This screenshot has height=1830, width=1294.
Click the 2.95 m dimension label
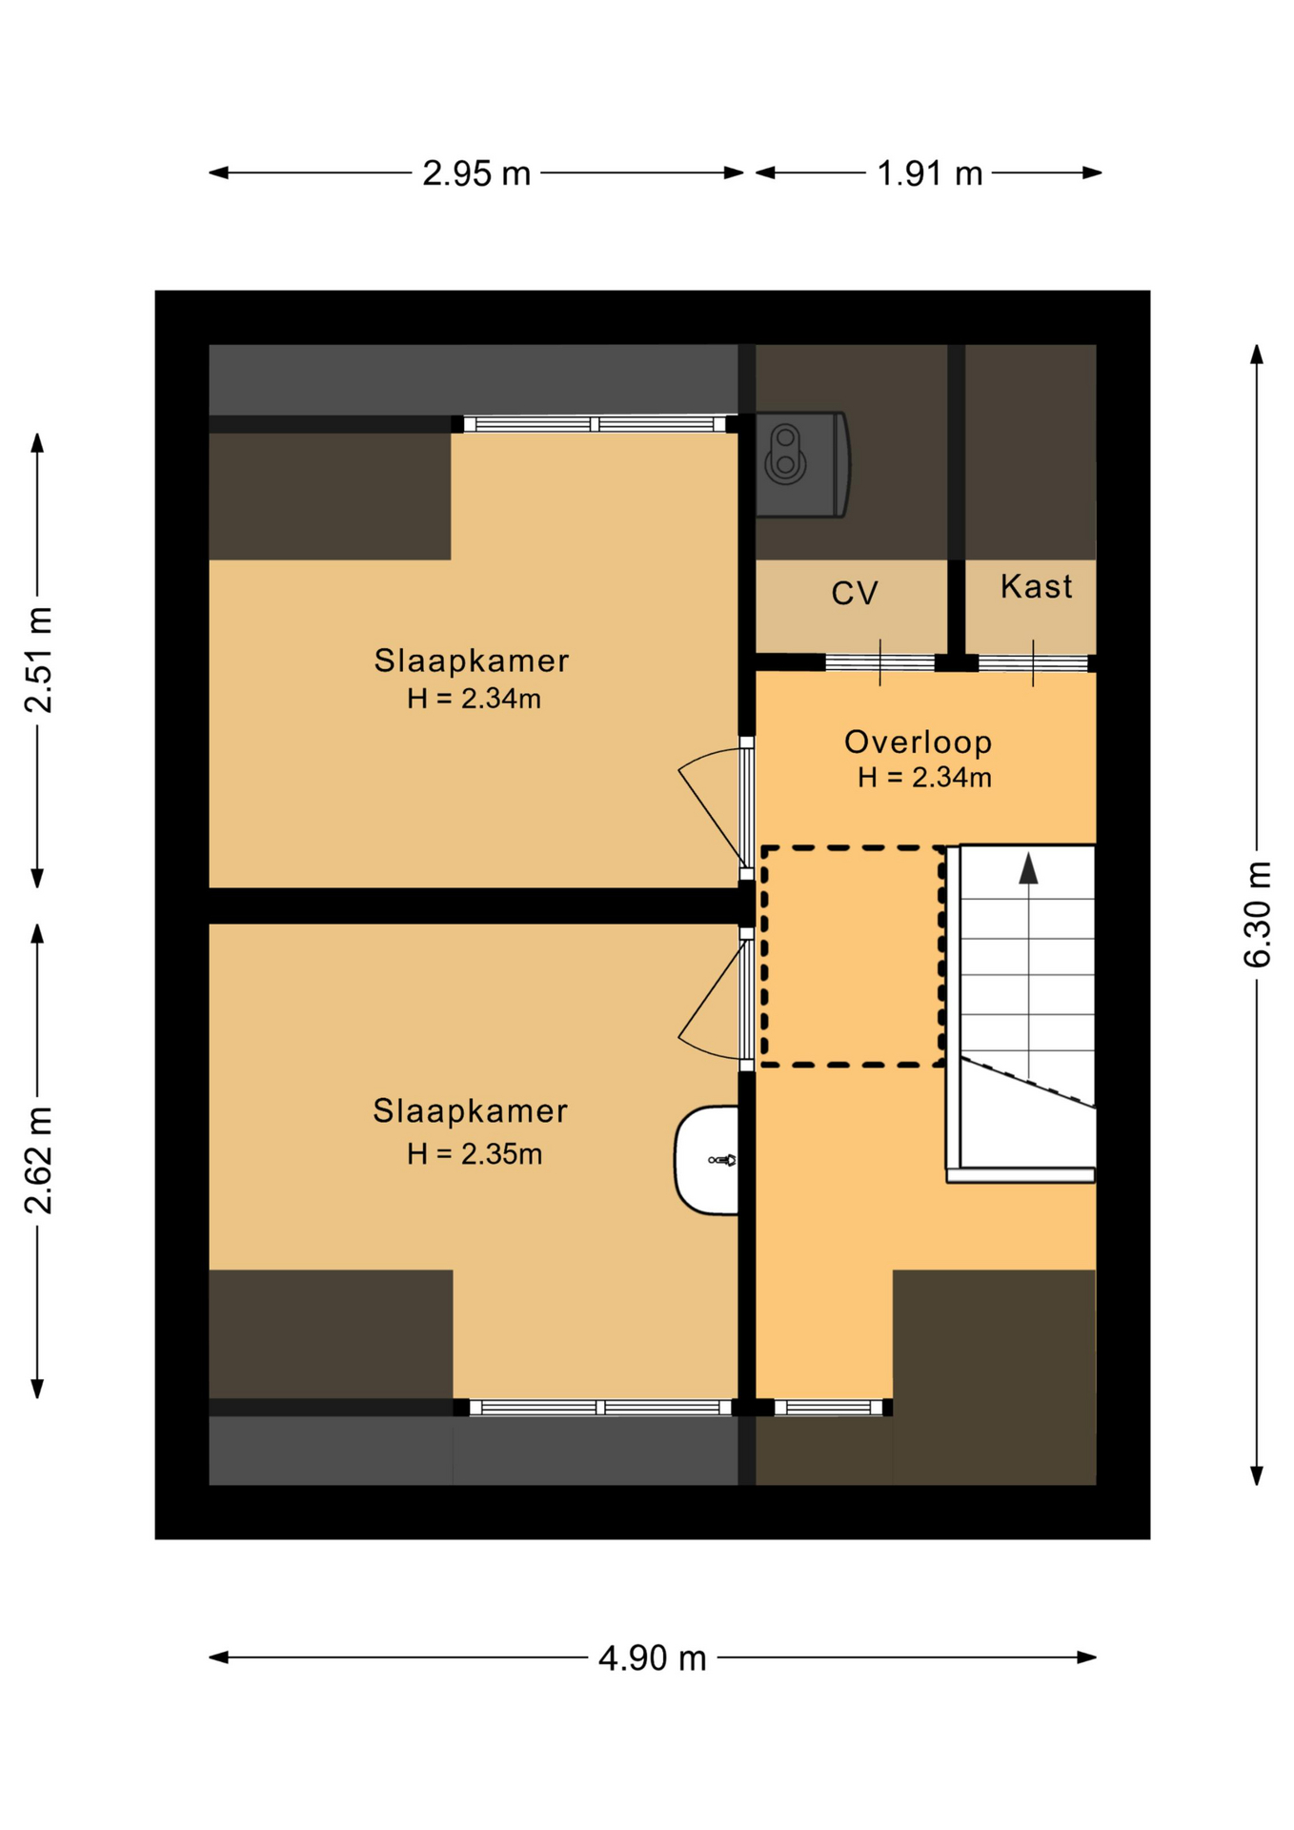[x=476, y=173]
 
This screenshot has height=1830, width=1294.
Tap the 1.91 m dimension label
[x=929, y=173]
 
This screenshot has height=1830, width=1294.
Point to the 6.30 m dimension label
[x=1258, y=914]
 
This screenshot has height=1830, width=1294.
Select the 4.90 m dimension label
[x=653, y=1658]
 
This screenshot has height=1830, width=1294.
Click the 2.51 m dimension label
[x=39, y=660]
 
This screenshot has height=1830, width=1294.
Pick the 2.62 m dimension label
[x=39, y=1160]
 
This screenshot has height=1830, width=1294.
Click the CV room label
[x=854, y=594]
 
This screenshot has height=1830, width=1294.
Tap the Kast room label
[x=1036, y=586]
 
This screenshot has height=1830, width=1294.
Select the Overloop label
[x=918, y=742]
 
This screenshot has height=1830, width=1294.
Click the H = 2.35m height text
[x=475, y=1154]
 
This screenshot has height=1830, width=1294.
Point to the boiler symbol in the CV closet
[x=801, y=465]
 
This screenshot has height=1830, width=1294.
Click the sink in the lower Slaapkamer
[x=707, y=1160]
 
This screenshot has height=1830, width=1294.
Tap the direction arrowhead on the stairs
[x=1028, y=868]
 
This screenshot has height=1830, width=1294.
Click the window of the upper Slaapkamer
[x=595, y=424]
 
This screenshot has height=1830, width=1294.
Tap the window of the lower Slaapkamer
[x=600, y=1408]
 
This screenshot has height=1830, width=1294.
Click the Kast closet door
[x=1033, y=662]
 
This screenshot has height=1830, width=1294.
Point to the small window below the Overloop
[x=829, y=1408]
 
